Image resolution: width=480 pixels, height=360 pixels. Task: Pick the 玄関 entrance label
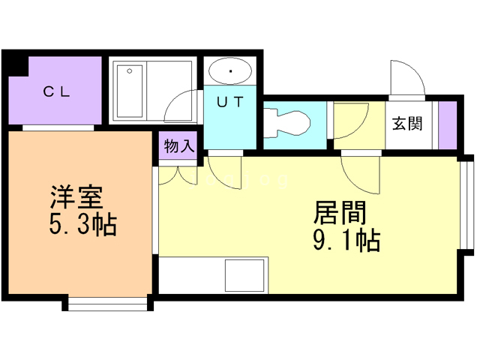pos(406,124)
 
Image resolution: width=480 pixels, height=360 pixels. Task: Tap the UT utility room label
pos(230,103)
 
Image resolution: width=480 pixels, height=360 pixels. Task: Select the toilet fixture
pos(287,121)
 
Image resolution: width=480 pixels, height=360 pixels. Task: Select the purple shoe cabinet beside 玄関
pos(448,123)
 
